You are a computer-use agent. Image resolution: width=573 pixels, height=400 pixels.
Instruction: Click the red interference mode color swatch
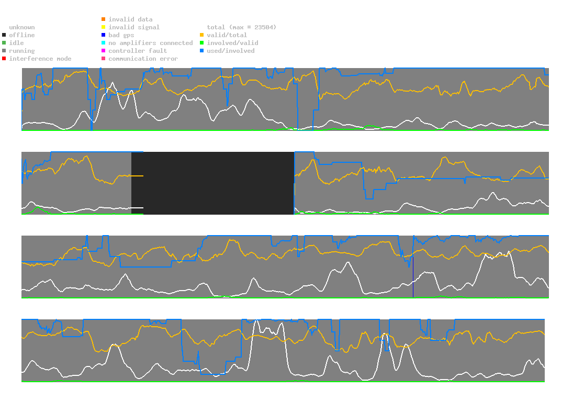click(x=4, y=59)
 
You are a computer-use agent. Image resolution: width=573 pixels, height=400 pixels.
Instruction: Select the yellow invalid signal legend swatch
click(x=104, y=27)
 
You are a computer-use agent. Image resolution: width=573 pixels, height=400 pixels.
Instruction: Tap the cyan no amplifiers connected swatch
click(x=104, y=43)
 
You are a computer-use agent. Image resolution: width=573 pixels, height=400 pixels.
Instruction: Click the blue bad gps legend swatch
click(x=104, y=35)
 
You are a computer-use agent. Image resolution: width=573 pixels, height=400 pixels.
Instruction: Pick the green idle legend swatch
click(x=4, y=43)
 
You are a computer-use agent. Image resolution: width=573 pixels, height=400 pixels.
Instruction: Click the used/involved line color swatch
click(x=202, y=51)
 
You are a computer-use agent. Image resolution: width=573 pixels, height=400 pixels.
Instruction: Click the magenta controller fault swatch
click(x=104, y=51)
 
